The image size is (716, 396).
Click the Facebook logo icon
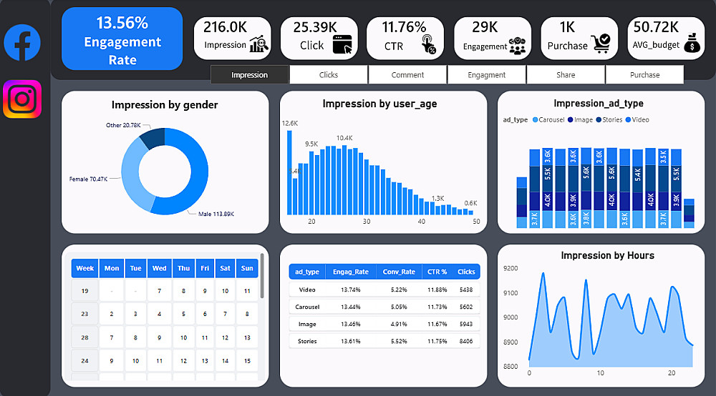pos(22,42)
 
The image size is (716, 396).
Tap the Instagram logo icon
pos(22,99)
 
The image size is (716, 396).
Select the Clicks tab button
pos(329,75)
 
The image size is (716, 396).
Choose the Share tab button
pos(566,75)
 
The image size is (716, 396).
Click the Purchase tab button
pos(644,75)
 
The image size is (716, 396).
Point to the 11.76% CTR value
pos(404,27)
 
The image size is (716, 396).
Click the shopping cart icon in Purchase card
pos(600,44)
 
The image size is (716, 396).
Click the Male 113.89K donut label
pos(216,214)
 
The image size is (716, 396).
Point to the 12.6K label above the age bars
pos(290,124)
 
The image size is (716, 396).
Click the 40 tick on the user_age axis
pos(421,222)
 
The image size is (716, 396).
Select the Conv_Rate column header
pos(399,272)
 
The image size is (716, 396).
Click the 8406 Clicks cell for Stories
pos(466,342)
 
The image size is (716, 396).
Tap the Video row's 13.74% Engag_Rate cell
pos(351,290)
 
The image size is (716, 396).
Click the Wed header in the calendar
pos(159,269)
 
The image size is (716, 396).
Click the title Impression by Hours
pos(607,255)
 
